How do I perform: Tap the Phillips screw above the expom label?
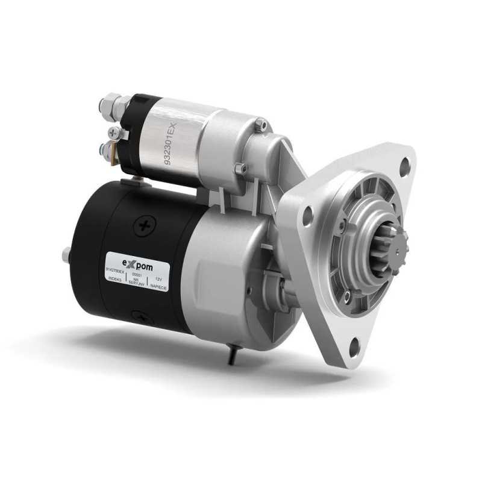point(145,227)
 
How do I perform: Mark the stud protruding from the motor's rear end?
point(66,255)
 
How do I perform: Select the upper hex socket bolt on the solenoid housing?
point(260,125)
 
